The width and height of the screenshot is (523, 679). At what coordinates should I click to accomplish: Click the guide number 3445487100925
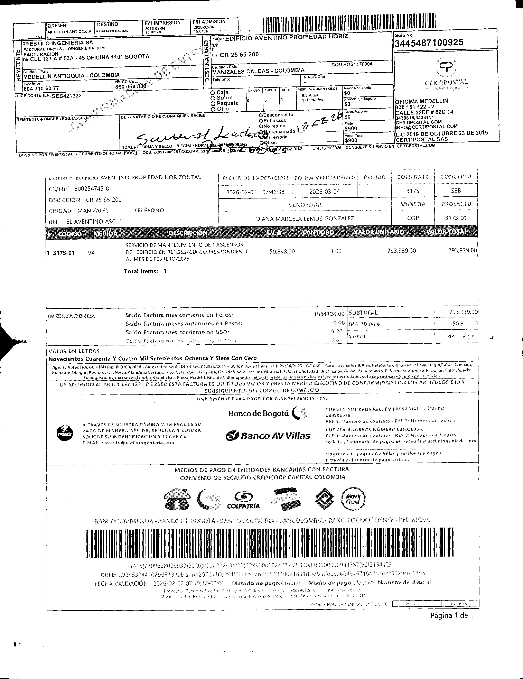429,42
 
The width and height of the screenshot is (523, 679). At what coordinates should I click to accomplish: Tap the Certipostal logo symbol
446,67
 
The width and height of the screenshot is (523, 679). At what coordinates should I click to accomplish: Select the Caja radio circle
213,92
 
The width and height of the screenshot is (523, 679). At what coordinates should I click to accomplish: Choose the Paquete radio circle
213,104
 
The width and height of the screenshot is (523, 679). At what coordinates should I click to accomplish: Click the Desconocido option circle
261,115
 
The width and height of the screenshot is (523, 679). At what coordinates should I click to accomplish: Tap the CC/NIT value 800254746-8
92,189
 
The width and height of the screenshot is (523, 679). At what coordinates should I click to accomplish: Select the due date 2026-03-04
324,192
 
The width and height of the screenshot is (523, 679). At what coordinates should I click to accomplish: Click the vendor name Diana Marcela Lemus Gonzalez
305,218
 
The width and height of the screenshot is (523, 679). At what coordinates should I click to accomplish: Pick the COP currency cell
413,218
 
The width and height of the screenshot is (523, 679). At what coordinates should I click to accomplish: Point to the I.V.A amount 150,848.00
280,251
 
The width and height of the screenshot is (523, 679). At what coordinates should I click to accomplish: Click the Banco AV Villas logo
268,436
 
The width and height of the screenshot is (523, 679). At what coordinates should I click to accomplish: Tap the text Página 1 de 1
451,615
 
